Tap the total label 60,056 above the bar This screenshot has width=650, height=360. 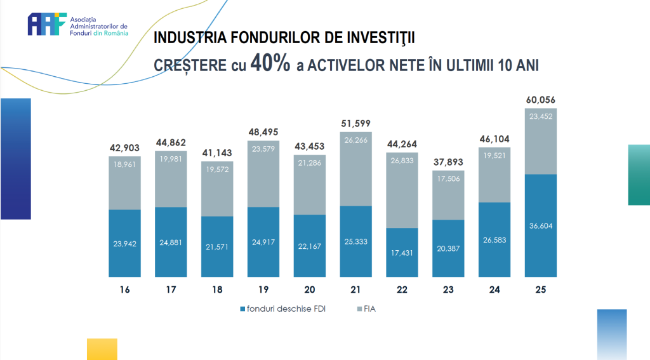(541, 100)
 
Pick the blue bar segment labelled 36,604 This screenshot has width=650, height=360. (541, 225)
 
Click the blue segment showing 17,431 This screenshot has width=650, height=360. (402, 252)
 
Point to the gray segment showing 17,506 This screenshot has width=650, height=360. (448, 195)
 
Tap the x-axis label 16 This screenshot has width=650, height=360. (124, 290)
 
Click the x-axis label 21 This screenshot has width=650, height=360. (355, 290)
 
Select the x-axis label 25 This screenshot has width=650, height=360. (541, 290)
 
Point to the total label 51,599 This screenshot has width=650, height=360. (355, 123)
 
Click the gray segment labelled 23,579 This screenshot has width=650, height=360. (263, 175)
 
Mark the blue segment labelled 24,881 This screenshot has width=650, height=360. (171, 242)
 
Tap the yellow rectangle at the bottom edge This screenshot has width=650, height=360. (102, 349)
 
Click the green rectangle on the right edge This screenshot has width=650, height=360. (639, 175)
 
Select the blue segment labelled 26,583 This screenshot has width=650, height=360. (494, 239)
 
